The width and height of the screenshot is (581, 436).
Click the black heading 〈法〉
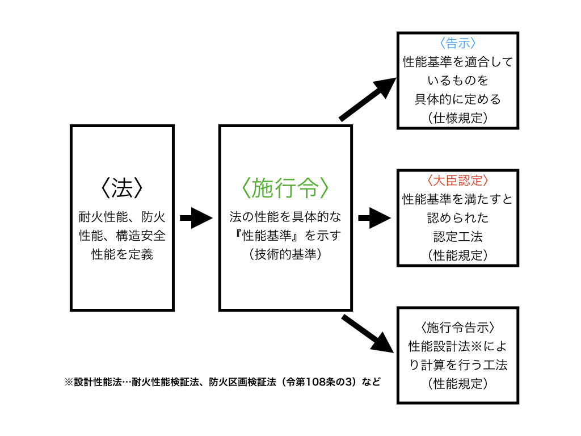(122, 187)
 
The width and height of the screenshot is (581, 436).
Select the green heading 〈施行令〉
(285, 187)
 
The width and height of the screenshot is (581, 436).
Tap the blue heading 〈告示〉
(458, 43)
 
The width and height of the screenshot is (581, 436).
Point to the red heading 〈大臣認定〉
(458, 181)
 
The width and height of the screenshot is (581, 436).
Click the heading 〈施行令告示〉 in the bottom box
(458, 328)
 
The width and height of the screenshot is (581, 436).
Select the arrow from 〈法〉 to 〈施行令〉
(196, 218)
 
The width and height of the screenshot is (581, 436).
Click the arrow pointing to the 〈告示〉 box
(368, 99)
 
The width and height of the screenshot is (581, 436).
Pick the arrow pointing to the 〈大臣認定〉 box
(374, 218)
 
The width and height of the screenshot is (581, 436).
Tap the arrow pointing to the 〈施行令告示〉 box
(368, 334)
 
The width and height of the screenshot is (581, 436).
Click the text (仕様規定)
(458, 118)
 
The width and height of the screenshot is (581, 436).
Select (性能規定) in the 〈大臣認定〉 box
(458, 255)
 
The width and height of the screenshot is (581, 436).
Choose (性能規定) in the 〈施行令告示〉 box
(458, 383)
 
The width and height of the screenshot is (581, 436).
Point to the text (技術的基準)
(285, 254)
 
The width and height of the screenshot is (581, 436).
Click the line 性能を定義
(123, 254)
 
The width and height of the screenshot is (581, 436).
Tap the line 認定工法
(458, 237)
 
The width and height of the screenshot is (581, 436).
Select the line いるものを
(458, 80)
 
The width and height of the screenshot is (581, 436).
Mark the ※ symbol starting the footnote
(69, 382)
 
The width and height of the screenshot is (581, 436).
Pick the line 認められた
(458, 217)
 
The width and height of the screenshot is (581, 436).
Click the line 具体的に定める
(458, 99)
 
